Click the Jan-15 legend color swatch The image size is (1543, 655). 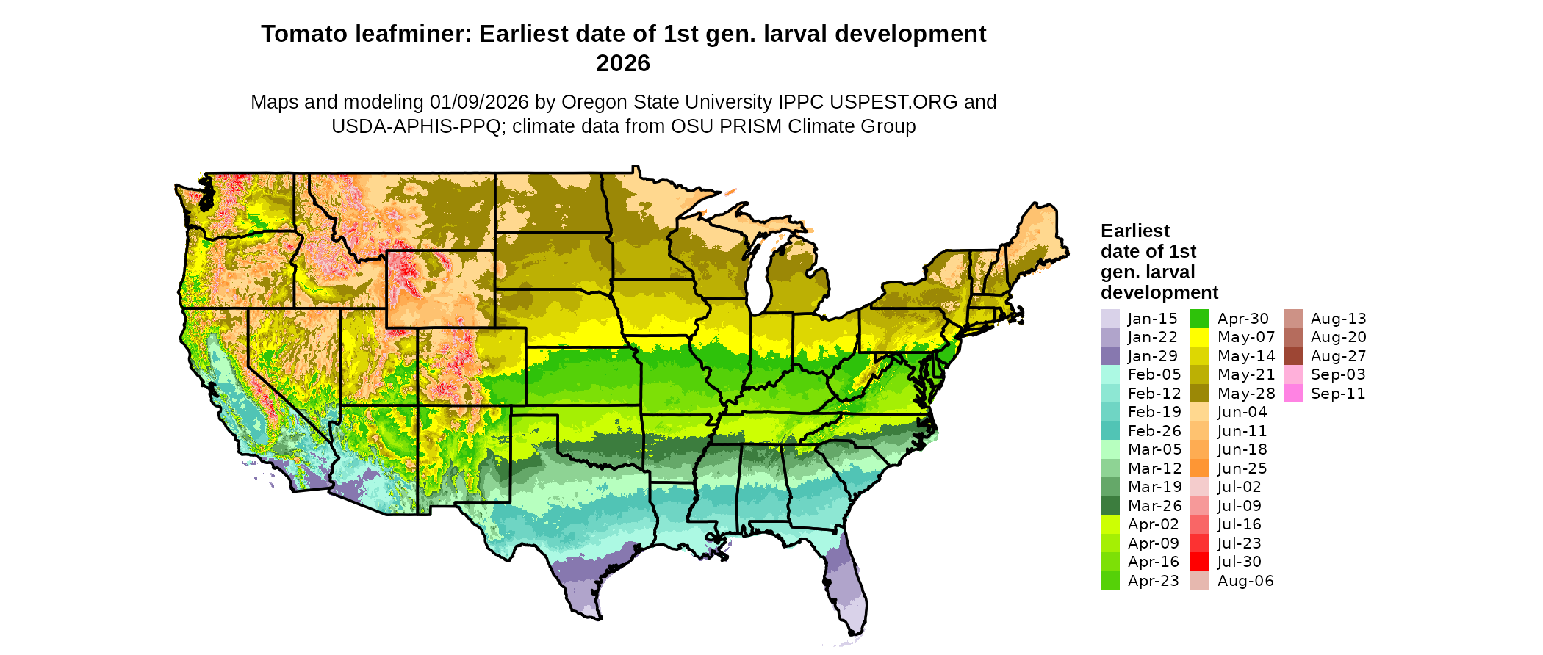(1109, 319)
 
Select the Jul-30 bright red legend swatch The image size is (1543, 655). (1199, 562)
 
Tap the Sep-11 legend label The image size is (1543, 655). (1338, 394)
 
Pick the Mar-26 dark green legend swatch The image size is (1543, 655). (1109, 506)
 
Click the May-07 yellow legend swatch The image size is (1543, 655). (1199, 337)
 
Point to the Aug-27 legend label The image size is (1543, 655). (1338, 356)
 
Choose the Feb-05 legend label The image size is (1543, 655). (1154, 374)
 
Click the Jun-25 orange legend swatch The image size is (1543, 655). (1199, 468)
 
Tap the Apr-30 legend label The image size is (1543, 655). (1243, 319)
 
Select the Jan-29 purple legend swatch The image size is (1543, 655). (1109, 356)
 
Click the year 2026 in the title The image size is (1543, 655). (623, 63)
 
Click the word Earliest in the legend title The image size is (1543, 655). (1135, 231)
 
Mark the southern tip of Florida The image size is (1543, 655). (854, 632)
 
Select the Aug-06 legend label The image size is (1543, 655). (1245, 581)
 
